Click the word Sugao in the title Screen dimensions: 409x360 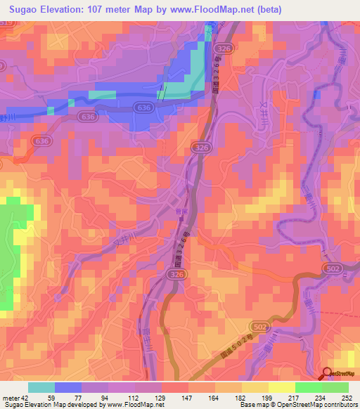tap(22, 8)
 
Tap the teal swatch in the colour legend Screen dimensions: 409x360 tap(41, 387)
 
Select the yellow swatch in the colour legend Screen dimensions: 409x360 tap(282, 387)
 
